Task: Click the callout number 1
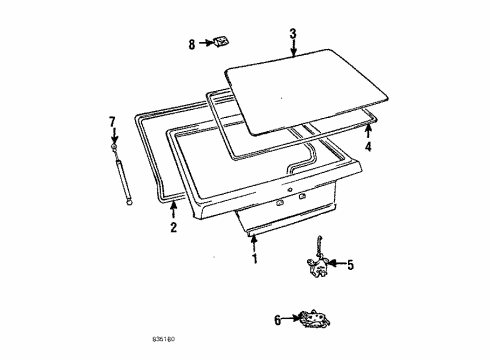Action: tap(254, 260)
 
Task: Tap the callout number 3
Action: tap(293, 34)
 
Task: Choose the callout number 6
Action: tap(277, 320)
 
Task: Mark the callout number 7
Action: tap(112, 122)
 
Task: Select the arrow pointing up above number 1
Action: tap(254, 243)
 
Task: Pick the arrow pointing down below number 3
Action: tap(293, 50)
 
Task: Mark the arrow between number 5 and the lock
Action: tap(337, 265)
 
